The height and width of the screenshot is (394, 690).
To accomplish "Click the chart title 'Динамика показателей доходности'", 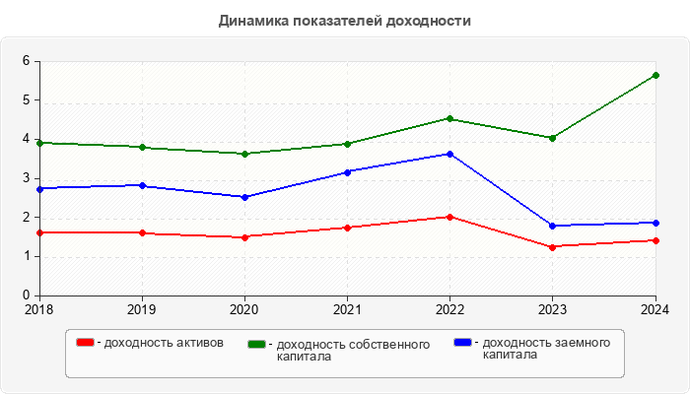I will (x=345, y=20).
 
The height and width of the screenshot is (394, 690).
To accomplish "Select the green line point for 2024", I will (x=655, y=75).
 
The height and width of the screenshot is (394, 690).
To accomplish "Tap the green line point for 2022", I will (x=450, y=118).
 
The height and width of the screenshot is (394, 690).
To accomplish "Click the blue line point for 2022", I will (x=450, y=154).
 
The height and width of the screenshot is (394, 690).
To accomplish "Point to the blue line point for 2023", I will (x=553, y=226).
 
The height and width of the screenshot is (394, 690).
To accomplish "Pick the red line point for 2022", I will (x=450, y=217).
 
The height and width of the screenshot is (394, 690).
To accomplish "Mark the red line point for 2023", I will (x=553, y=246).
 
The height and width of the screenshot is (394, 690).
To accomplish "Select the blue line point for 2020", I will (x=245, y=197).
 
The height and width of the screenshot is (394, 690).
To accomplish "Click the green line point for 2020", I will (x=245, y=154).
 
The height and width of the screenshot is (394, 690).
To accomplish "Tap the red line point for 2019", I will (x=143, y=232).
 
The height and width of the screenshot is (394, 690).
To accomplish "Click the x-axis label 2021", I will (x=347, y=309).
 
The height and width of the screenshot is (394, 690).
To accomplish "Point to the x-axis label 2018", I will (x=39, y=309).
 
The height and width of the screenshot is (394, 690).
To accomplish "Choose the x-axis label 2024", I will (x=655, y=309).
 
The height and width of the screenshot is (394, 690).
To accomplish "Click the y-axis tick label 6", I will (x=27, y=61).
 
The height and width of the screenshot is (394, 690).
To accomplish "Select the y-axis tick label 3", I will (x=27, y=178).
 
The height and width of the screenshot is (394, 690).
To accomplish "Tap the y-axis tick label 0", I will (x=27, y=295).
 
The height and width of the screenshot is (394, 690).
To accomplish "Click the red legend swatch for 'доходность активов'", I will (x=86, y=343).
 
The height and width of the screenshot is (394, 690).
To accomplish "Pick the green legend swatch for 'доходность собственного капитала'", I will (x=258, y=344).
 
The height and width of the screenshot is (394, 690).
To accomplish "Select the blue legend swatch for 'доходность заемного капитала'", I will (x=463, y=343).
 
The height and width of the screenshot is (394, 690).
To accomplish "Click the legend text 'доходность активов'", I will (x=164, y=343).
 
